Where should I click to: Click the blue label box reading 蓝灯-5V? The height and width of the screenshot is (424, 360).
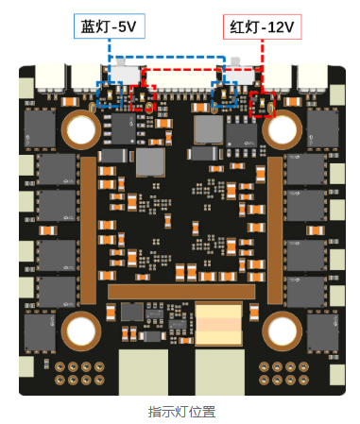(x=110, y=26)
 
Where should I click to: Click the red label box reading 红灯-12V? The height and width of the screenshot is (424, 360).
(x=262, y=27)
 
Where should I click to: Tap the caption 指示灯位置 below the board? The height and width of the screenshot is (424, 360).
(x=181, y=412)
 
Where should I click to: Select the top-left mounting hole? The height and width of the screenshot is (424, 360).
(x=81, y=129)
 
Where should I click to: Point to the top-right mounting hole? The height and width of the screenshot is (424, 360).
(x=282, y=129)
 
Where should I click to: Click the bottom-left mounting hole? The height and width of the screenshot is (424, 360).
(x=81, y=331)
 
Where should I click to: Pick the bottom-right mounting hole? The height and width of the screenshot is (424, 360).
(x=282, y=331)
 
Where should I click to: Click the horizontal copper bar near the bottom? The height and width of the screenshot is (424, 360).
(x=181, y=292)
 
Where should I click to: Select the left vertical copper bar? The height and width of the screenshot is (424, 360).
(x=88, y=230)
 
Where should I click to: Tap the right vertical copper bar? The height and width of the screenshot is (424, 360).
(x=275, y=230)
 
